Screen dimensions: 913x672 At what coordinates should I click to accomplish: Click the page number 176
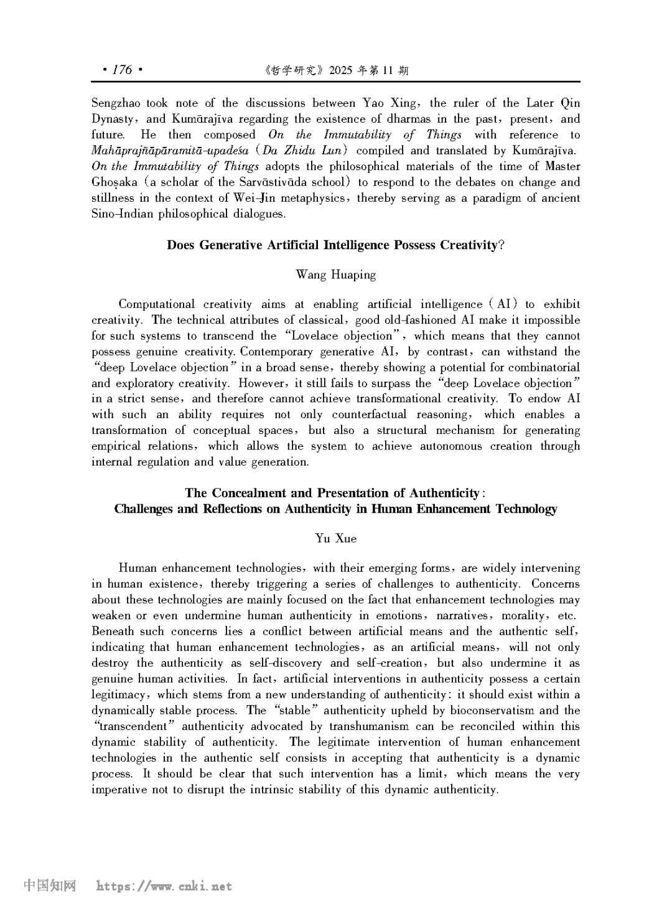tap(122, 69)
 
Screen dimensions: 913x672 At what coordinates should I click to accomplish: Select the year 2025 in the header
tap(340, 70)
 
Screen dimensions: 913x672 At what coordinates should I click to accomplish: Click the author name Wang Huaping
tap(335, 274)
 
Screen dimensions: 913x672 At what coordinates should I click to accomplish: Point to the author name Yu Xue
tap(335, 538)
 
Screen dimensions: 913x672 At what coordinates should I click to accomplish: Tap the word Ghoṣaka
tap(114, 182)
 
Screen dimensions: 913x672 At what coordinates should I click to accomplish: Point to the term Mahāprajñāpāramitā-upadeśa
tap(170, 151)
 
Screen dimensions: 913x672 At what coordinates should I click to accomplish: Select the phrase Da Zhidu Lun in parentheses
tap(305, 151)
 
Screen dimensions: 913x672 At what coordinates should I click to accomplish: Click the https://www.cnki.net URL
tap(164, 886)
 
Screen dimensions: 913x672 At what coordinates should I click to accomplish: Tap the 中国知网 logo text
tap(50, 886)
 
